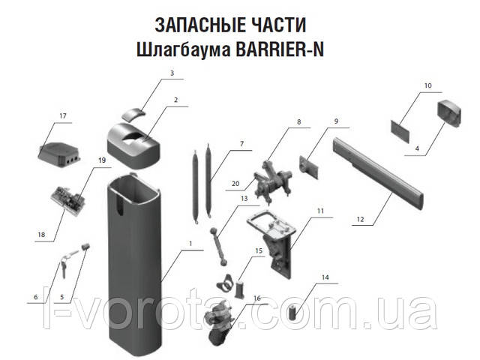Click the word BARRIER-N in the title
(x=280, y=49)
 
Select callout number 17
(x=63, y=116)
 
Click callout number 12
(x=360, y=219)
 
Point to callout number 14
(x=325, y=277)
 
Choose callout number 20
(x=235, y=184)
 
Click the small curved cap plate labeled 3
(x=133, y=113)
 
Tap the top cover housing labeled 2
(x=134, y=145)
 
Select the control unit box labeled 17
(x=60, y=152)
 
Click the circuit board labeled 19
(x=70, y=200)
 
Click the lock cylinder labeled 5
(x=85, y=247)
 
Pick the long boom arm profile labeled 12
(x=379, y=174)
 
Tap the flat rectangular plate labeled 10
(x=400, y=130)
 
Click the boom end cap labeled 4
(x=449, y=113)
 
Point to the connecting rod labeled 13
(x=217, y=247)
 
